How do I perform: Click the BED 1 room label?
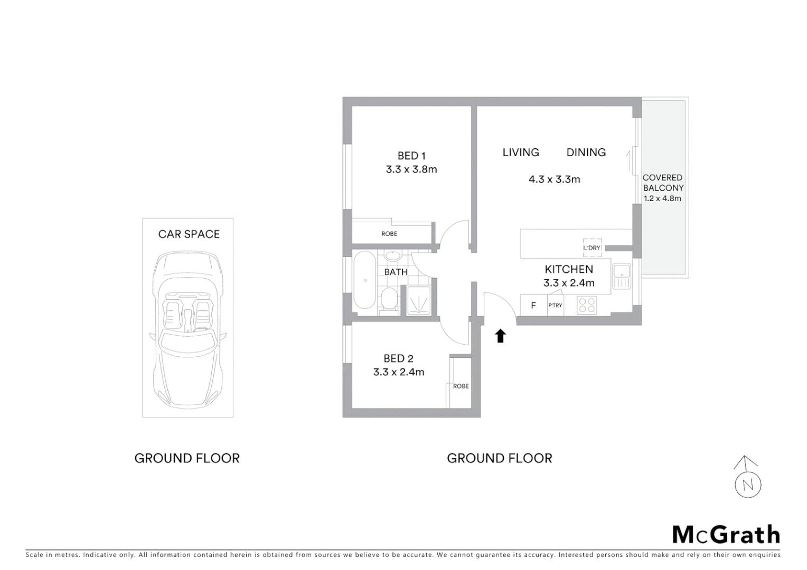coord(411,156)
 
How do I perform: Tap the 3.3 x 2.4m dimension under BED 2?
coord(398,372)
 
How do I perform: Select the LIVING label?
coord(521,153)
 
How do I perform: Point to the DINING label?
coord(586,153)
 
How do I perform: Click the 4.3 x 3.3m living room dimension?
coord(554,179)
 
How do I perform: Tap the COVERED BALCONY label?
coord(663,183)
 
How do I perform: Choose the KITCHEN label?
coord(569,269)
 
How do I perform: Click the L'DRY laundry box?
coord(592,248)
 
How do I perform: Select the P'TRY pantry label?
coord(555,306)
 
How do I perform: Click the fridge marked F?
coord(533,306)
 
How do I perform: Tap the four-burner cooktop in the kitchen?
coord(587,306)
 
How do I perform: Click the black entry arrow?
coord(500,336)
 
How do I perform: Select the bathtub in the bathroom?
coord(364,280)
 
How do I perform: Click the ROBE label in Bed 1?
coord(389,234)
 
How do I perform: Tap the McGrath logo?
coord(726,535)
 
